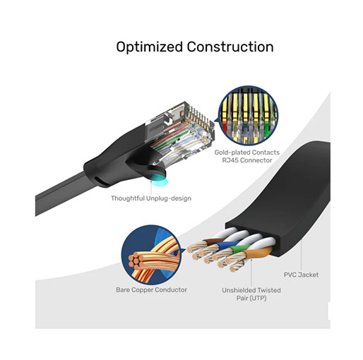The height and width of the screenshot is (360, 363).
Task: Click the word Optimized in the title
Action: (150, 47)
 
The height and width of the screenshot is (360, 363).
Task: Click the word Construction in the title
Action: (230, 47)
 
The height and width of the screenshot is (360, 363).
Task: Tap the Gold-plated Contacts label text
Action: (247, 152)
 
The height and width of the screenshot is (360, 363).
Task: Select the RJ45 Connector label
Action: (247, 160)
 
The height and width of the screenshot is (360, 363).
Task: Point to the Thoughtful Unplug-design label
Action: (151, 198)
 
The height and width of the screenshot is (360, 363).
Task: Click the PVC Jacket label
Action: (301, 275)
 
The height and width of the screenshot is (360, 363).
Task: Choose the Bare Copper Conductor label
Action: (151, 290)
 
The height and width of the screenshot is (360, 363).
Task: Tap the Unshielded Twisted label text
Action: (251, 290)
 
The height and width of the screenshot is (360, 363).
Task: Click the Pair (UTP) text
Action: (251, 299)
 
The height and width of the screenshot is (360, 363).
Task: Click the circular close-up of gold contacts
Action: (248, 116)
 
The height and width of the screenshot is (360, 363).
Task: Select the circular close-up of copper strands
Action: (151, 255)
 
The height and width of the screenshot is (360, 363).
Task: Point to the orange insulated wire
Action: (256, 253)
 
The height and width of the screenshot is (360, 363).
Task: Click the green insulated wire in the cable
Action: (240, 248)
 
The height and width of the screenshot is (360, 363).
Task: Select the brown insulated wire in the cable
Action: (211, 241)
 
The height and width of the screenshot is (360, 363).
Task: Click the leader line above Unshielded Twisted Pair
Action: (251, 272)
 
